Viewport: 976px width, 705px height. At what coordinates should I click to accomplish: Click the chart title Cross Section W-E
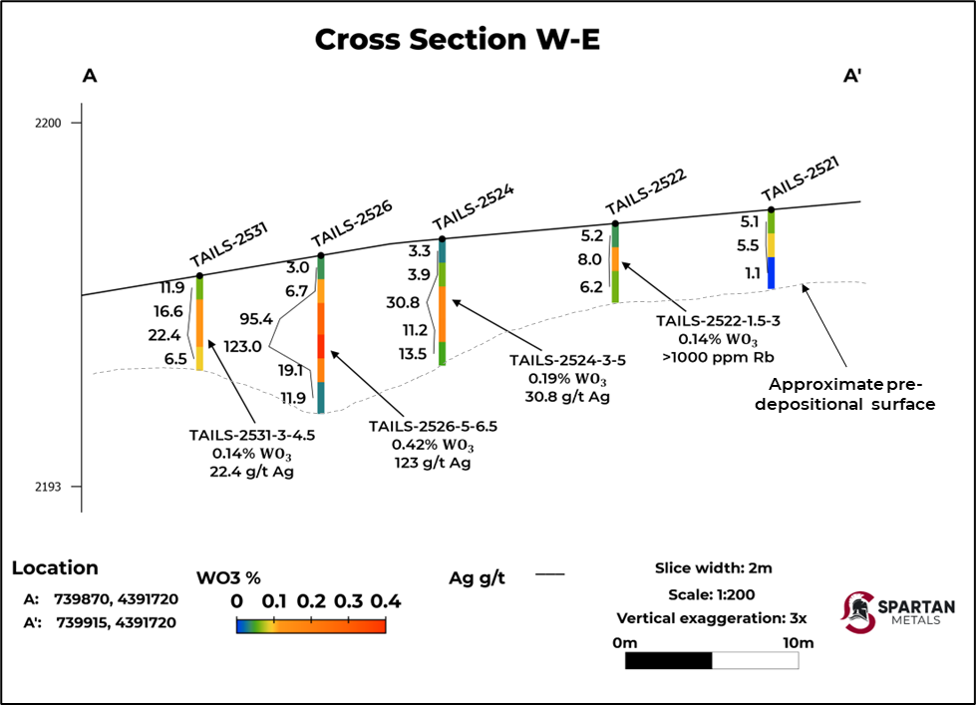tap(458, 39)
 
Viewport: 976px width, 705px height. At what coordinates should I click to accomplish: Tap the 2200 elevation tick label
tap(48, 123)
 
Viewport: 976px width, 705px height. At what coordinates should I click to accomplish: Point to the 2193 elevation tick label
tap(48, 487)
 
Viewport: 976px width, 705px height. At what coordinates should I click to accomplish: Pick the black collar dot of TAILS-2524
tap(443, 239)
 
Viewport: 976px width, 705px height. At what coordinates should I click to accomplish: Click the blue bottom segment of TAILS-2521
tap(771, 272)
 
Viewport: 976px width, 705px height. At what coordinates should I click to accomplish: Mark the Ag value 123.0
tap(242, 347)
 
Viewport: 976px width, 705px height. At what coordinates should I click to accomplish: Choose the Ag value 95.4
tap(256, 319)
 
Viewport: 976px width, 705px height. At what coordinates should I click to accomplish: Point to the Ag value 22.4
tap(164, 334)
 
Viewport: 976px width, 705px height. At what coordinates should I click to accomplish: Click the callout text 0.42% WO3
tap(432, 445)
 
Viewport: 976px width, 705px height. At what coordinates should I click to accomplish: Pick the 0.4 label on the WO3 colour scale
tap(385, 601)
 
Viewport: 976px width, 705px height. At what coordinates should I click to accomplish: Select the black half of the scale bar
tap(668, 660)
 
